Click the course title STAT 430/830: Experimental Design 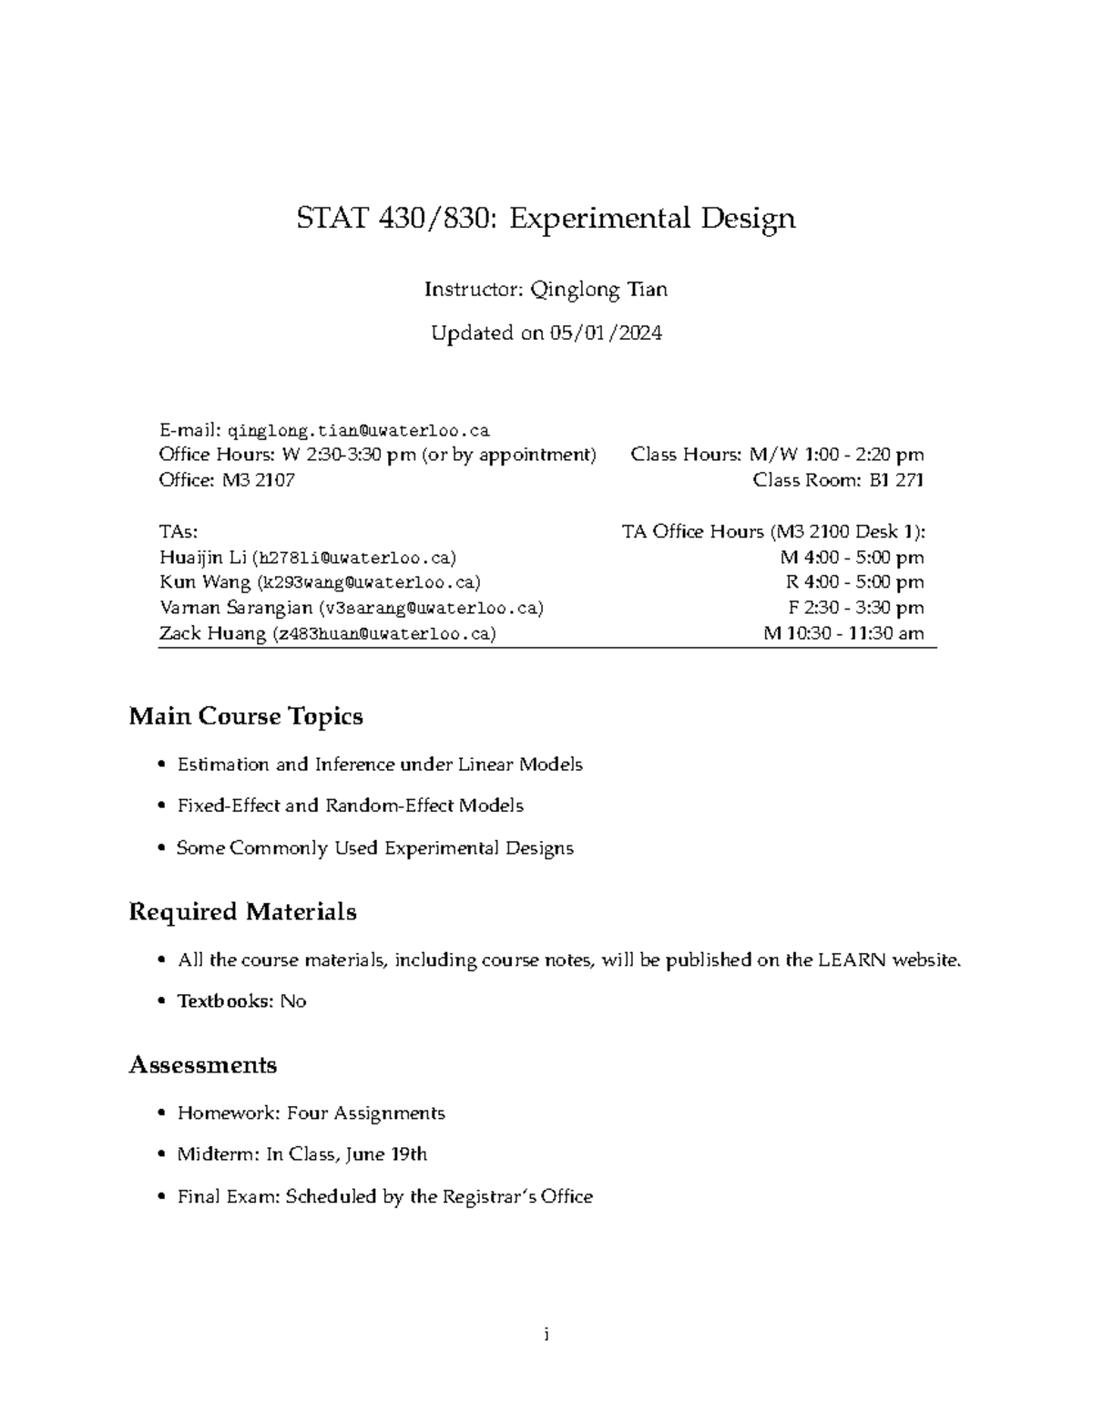(546, 219)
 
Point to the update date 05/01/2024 (605, 333)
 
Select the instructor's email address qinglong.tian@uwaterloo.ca (358, 430)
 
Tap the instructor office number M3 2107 (258, 480)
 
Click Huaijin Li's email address (355, 558)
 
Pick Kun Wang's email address (368, 582)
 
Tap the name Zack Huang (212, 633)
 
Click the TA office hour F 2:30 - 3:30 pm (855, 608)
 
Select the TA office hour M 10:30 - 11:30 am (843, 633)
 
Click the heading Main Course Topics (246, 717)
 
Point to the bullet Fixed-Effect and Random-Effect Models (350, 805)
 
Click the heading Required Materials (242, 912)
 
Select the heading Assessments (203, 1065)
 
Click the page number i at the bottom (546, 1336)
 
